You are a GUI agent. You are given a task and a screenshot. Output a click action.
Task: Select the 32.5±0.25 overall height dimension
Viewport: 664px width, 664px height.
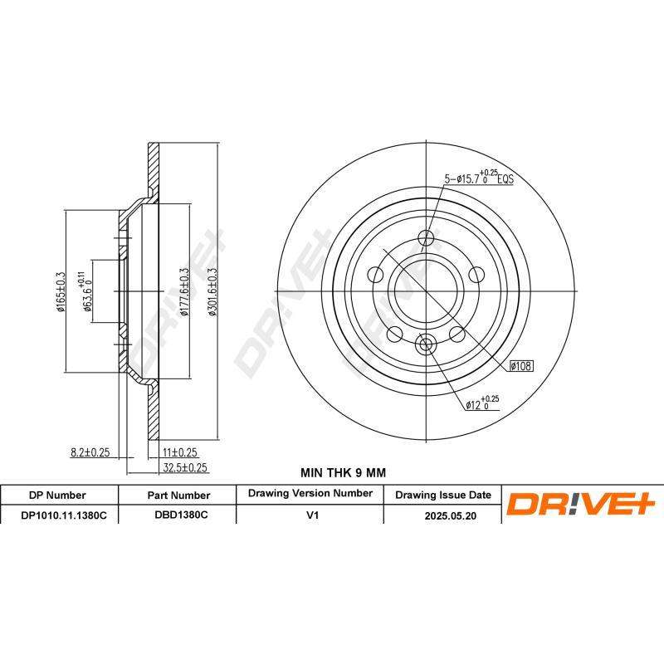(x=184, y=467)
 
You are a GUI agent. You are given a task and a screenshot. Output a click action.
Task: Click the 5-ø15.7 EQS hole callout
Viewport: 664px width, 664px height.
(x=479, y=177)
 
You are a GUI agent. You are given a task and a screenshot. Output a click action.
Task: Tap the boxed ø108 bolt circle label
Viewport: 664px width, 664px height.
(x=521, y=365)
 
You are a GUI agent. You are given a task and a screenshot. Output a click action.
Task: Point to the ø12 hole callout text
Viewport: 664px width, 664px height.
(x=481, y=403)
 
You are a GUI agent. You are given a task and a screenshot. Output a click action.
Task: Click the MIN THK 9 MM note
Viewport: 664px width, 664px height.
(x=343, y=472)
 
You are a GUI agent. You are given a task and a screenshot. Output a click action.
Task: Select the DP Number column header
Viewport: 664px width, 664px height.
(x=57, y=495)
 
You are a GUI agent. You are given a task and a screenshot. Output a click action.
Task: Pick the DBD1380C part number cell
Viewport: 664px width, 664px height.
(x=181, y=515)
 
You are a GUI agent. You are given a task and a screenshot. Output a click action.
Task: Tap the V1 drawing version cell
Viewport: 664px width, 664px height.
(x=311, y=515)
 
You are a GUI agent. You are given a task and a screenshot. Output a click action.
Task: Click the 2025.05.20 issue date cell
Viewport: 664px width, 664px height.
(x=442, y=515)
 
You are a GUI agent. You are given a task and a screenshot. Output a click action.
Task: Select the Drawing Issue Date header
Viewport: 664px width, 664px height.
(x=442, y=495)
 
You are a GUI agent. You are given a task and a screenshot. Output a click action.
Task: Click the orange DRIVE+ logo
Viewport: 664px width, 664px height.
(x=581, y=504)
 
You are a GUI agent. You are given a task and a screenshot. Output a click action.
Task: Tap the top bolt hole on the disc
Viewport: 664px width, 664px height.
(x=427, y=237)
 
